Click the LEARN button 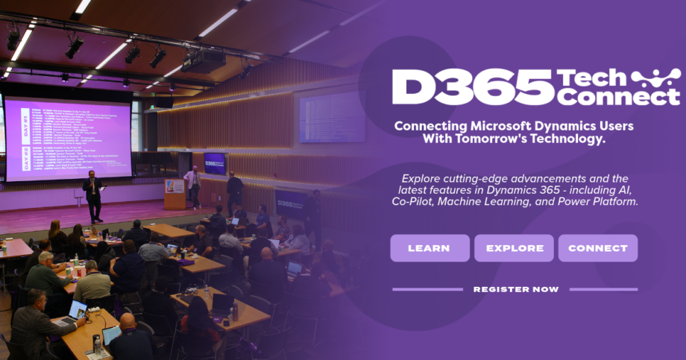click(429, 248)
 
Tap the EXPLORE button click(514, 248)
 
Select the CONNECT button click(597, 248)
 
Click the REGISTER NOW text click(515, 289)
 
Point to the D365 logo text click(471, 87)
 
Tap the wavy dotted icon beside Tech click(655, 78)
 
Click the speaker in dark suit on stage click(93, 195)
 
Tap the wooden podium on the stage click(174, 193)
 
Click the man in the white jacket click(193, 186)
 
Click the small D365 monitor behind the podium click(215, 162)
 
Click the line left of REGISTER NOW click(427, 289)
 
